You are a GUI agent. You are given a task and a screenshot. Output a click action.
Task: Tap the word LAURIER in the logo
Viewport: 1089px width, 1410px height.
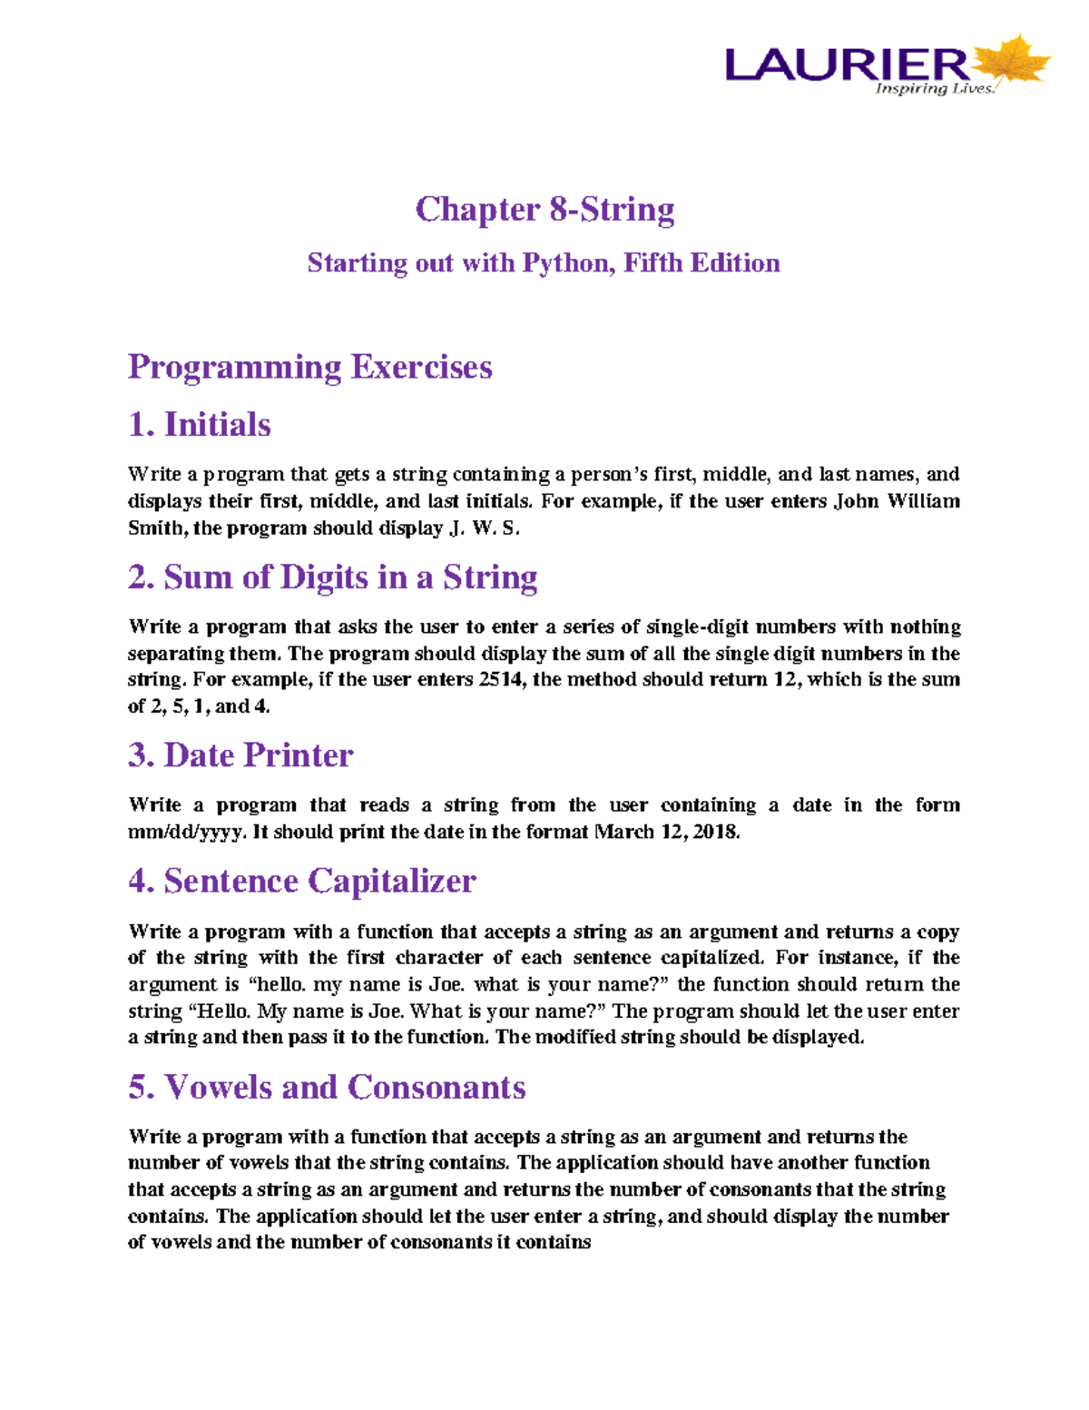[847, 64]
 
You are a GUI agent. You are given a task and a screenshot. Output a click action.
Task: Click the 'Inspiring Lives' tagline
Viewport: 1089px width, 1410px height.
[934, 89]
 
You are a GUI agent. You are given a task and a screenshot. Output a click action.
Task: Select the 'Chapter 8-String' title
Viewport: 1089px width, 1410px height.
[544, 210]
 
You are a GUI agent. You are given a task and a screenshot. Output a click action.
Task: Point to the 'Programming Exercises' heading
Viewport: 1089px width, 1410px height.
[310, 367]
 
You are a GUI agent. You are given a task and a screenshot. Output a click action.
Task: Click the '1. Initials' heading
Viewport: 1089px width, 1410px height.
[200, 425]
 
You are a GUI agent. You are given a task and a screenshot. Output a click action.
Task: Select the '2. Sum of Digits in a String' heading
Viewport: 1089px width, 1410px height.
[333, 577]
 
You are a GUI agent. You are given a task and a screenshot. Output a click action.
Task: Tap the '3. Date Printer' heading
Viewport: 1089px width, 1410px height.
[240, 755]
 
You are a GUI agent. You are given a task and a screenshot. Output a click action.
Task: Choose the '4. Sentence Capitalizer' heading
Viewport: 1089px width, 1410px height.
[302, 882]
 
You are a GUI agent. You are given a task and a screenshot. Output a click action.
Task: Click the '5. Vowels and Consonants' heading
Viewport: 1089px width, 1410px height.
[327, 1088]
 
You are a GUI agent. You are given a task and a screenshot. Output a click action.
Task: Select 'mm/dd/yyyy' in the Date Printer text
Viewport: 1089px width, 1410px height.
[184, 833]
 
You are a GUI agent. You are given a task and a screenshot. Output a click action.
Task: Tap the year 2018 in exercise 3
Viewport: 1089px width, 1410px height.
[716, 833]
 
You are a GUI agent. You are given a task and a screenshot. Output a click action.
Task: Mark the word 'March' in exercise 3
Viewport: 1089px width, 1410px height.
[623, 833]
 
